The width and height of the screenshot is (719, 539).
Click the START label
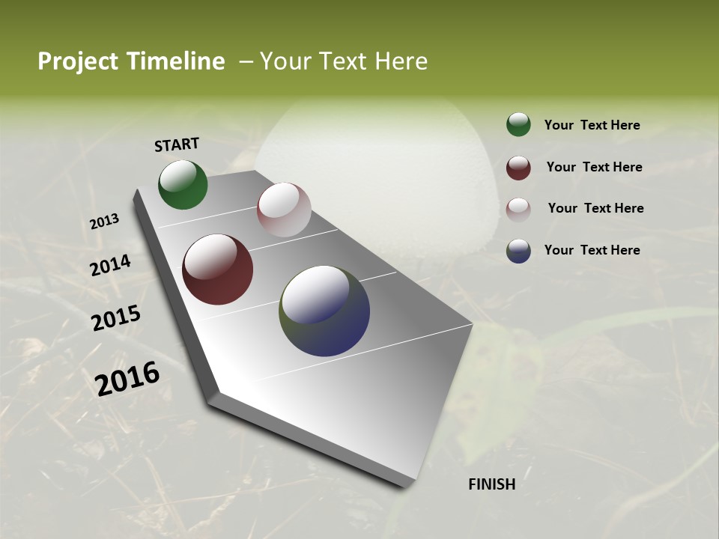coord(177,144)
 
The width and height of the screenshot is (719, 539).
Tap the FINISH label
coord(492,484)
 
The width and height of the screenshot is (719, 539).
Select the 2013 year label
coord(104,222)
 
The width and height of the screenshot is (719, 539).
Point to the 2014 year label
coord(110,266)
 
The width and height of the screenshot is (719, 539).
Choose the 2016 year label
coord(127,379)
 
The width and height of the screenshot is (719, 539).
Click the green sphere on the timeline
coord(183,185)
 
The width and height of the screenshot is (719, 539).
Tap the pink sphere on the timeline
coord(284,210)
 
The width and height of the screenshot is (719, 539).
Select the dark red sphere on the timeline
coord(217,269)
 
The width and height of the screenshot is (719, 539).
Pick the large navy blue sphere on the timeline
coord(324,311)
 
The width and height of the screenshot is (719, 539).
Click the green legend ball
coord(518,125)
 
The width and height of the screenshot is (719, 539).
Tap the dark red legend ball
coord(518,168)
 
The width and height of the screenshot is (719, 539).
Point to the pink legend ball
coord(518,209)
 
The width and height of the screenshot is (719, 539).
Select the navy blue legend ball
coord(518,251)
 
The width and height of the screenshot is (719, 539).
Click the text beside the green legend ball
coord(592,125)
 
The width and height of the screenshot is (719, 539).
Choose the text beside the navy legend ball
coord(592,250)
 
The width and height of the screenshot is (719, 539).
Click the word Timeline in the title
coord(175,61)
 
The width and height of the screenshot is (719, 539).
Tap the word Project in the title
coord(78,61)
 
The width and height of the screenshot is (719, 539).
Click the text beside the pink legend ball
coord(595,208)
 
